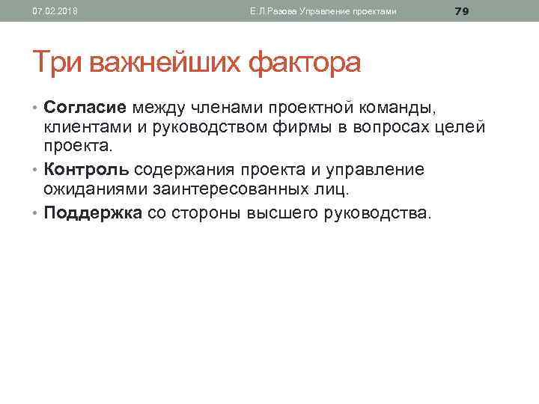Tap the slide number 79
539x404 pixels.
461,10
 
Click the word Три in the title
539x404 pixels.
58,62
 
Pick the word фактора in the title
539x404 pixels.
304,62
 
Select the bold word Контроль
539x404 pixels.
86,170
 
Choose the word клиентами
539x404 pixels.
80,127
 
